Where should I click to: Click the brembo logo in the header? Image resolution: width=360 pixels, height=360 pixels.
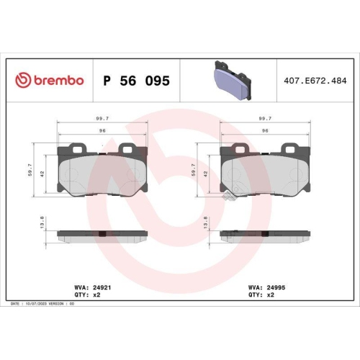pos(49,81)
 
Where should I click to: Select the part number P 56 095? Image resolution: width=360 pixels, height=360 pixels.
pos(137,81)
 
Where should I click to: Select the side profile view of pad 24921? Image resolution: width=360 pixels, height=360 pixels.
pos(102,235)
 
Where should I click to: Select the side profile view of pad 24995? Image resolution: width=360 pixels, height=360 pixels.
pos(265,235)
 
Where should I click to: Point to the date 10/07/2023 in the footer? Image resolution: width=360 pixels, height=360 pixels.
pos(36,304)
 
